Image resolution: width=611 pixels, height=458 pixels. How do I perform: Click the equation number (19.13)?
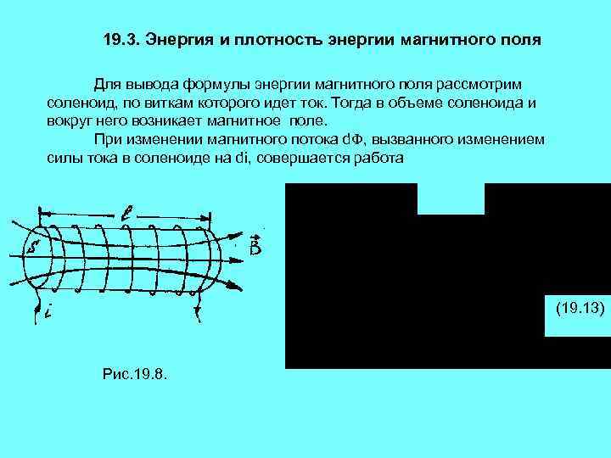click(580, 309)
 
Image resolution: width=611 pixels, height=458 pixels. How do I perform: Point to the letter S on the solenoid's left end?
click(34, 249)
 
